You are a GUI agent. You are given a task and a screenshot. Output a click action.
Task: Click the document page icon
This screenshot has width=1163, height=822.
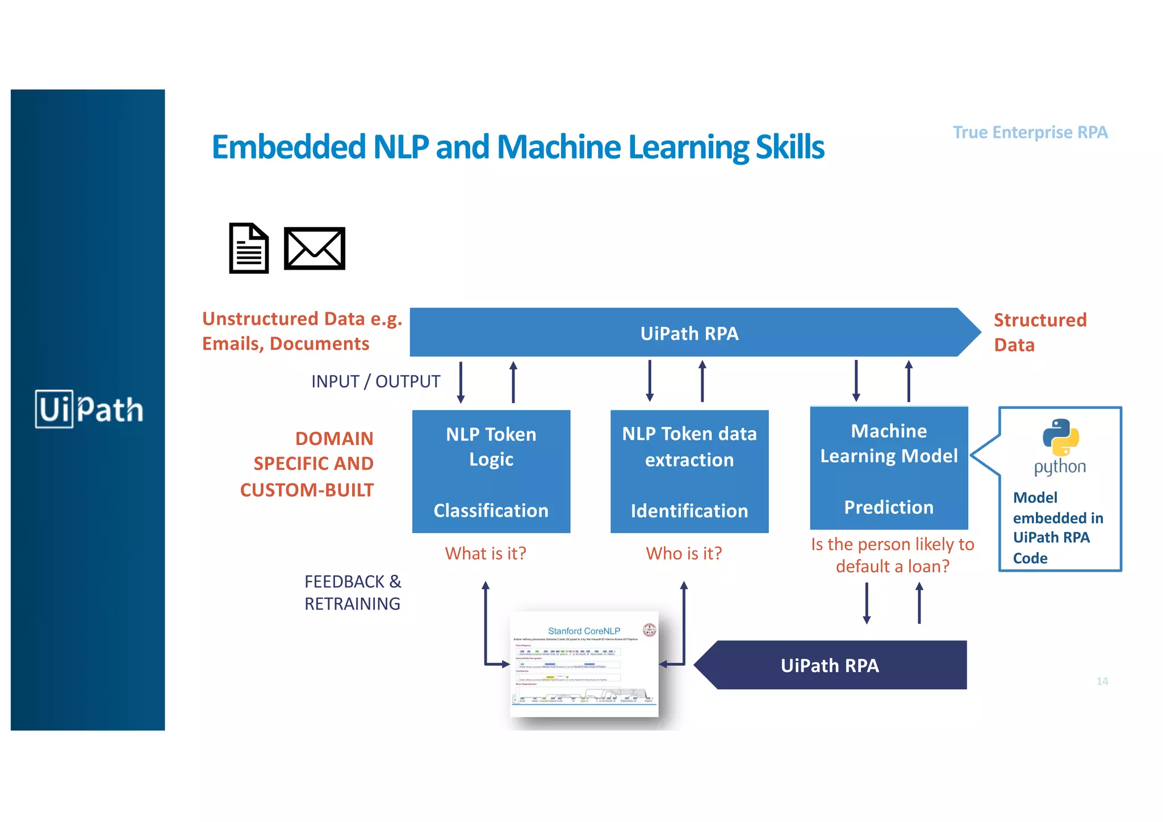click(249, 248)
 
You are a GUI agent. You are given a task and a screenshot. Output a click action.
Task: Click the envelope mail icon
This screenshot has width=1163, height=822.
click(314, 248)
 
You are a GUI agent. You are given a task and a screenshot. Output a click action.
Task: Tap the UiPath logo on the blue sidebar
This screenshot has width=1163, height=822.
click(89, 409)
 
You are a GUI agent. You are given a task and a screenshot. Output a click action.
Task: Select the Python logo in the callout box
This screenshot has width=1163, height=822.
click(1060, 438)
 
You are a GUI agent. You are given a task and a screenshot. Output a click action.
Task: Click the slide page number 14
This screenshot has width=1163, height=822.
click(1102, 681)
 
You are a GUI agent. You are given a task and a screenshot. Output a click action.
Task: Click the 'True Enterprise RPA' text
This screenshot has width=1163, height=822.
click(1030, 132)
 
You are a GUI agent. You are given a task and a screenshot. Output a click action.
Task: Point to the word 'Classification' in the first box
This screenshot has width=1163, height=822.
click(491, 510)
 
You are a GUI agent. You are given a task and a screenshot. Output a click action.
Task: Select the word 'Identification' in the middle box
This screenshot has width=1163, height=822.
click(689, 511)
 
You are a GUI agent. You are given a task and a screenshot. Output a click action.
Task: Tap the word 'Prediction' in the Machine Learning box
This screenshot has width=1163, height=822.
click(888, 507)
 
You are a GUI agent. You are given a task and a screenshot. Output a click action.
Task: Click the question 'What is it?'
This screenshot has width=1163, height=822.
click(486, 553)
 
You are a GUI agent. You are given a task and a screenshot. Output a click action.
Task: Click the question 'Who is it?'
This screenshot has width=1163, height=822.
click(684, 553)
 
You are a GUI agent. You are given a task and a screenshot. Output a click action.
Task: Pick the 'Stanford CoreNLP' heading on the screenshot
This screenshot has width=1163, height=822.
click(584, 631)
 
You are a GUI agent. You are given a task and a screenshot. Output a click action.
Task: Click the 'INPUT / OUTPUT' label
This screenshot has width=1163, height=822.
click(375, 381)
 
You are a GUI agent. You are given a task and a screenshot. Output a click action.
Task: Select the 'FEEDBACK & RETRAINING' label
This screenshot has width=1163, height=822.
click(352, 593)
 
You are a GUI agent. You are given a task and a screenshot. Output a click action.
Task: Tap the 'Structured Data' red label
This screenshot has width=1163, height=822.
click(1039, 332)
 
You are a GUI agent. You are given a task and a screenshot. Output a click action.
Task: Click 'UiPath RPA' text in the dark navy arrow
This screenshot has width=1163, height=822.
click(830, 665)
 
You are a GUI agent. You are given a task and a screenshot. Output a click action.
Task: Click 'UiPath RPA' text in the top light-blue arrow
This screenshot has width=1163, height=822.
click(689, 333)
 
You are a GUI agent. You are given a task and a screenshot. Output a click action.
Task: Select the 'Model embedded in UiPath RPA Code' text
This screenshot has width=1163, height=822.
click(1057, 527)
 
